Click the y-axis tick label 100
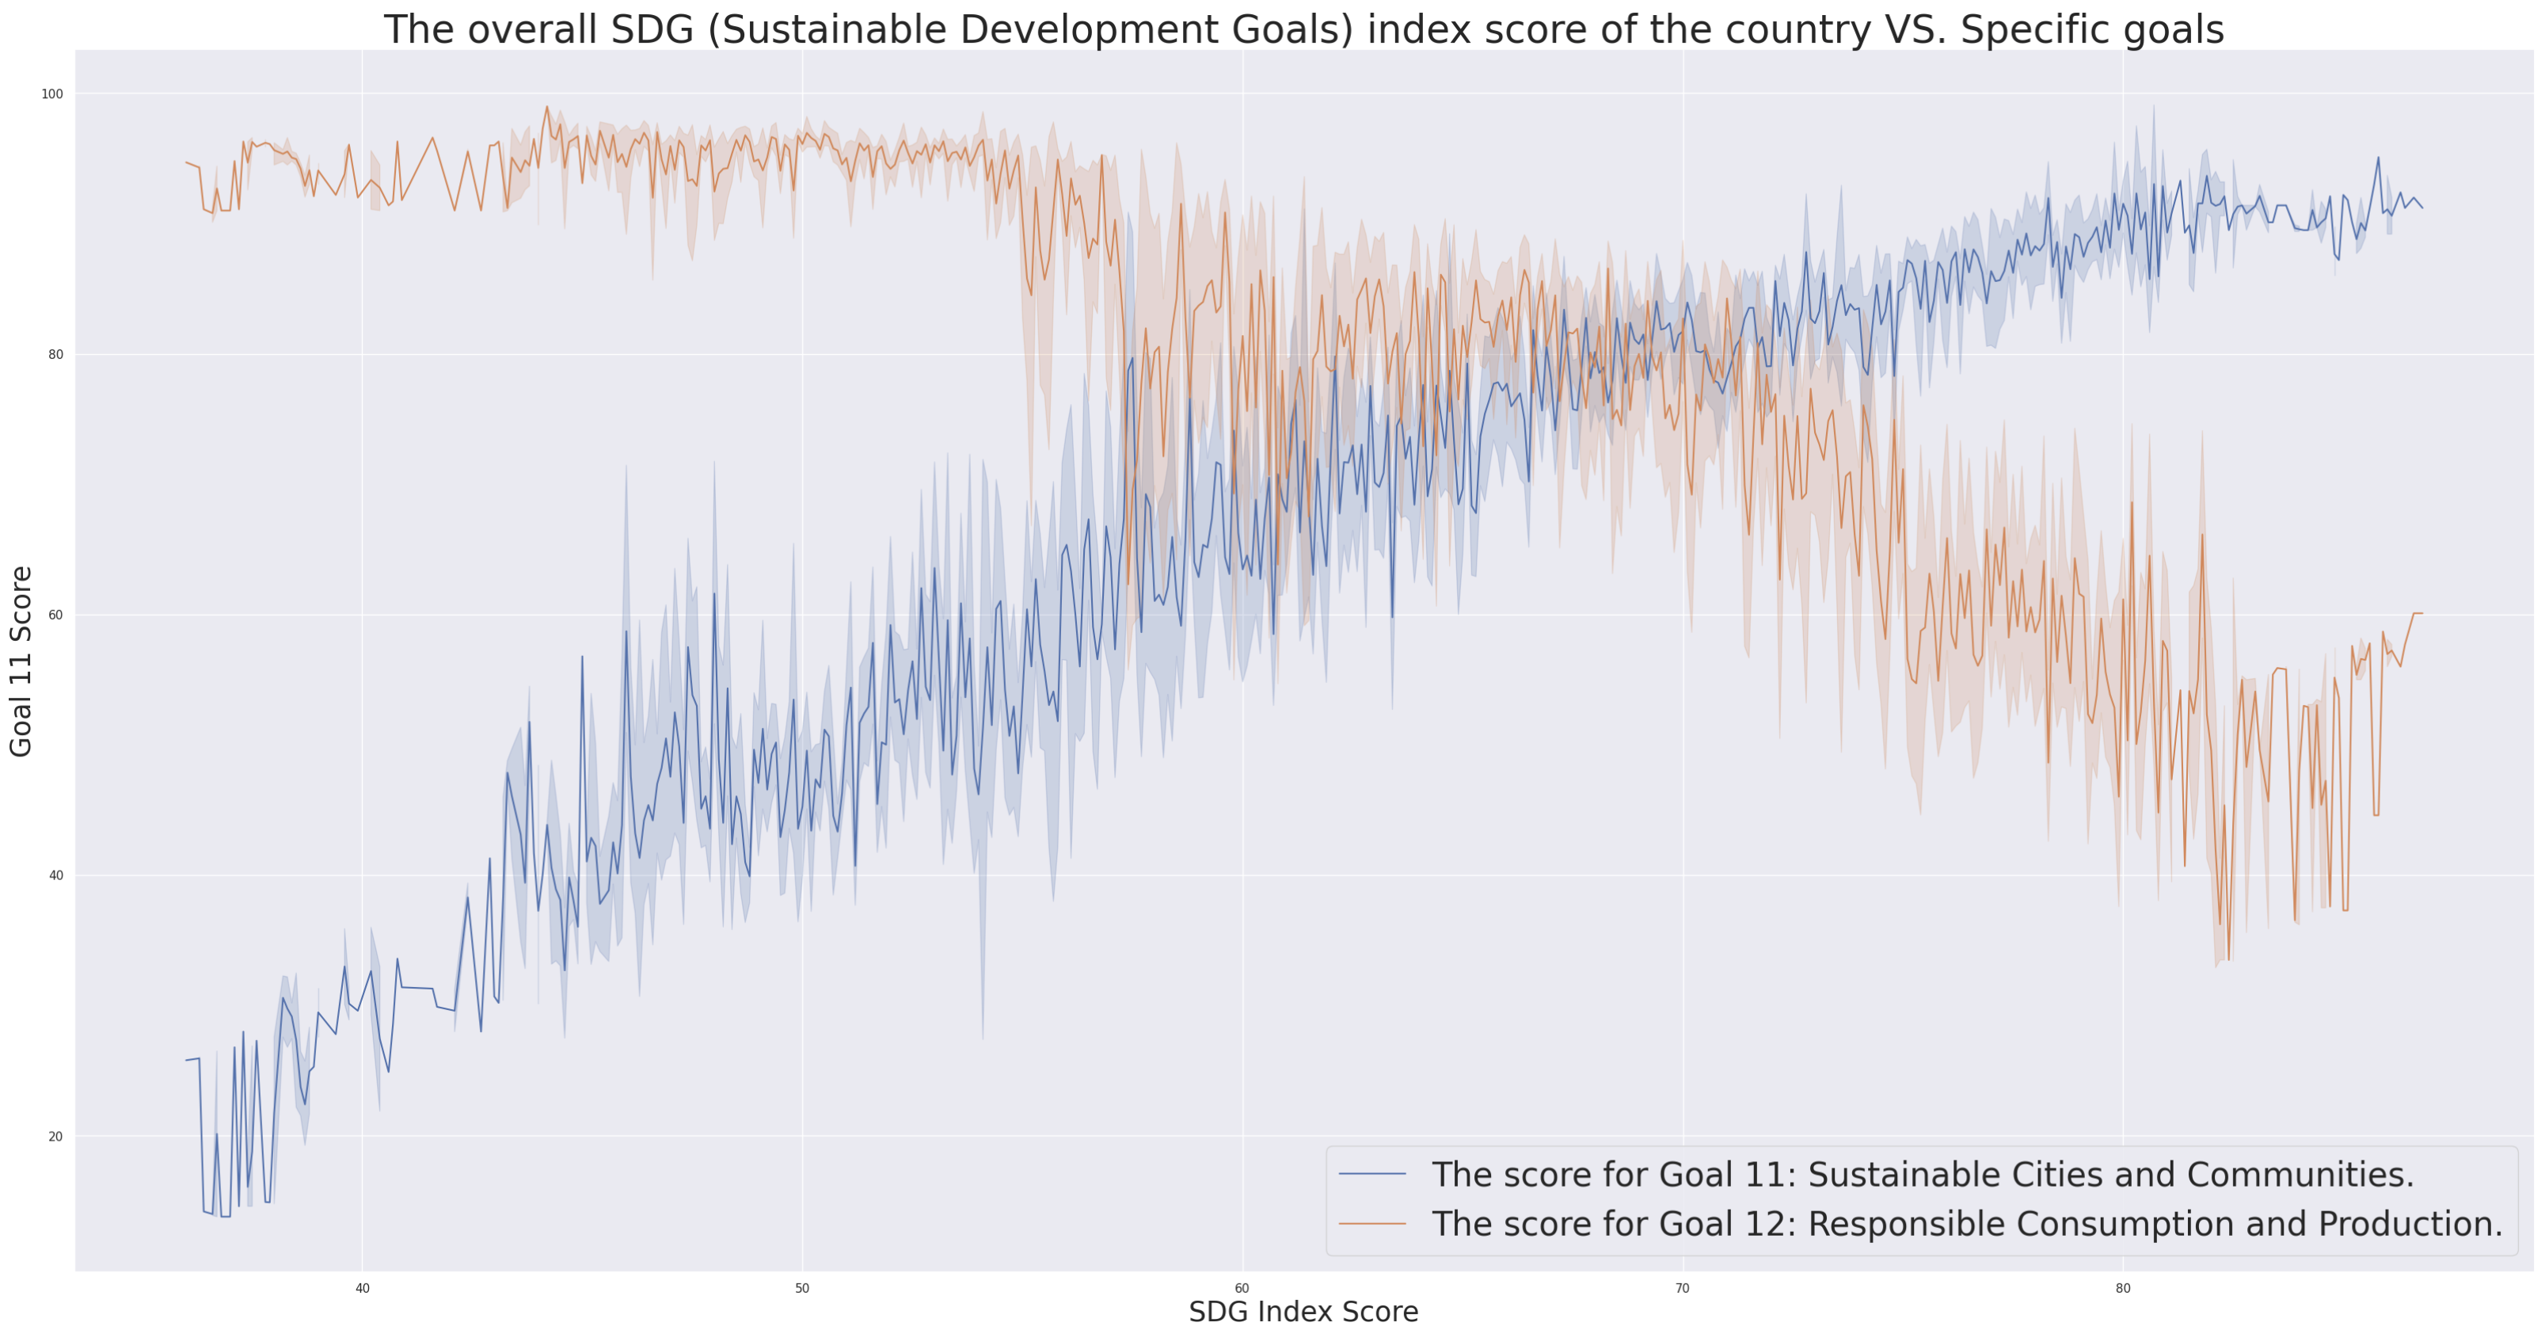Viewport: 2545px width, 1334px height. pos(51,94)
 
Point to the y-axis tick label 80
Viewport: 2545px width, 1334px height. pos(55,355)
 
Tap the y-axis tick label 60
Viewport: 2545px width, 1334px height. pos(55,615)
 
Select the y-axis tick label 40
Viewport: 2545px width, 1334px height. pos(55,875)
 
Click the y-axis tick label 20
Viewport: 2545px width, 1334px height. pos(55,1137)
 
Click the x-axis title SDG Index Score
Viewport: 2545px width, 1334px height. pos(1303,1313)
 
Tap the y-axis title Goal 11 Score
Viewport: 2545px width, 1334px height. pos(21,661)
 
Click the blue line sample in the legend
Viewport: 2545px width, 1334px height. pos(1372,1174)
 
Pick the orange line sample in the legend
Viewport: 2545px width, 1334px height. pos(1372,1223)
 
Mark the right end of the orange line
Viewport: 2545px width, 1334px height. pos(2421,614)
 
